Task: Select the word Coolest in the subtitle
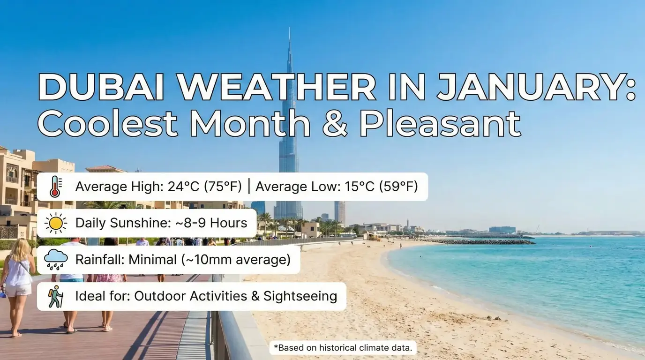(107, 124)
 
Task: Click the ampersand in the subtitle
(334, 124)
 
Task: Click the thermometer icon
(55, 187)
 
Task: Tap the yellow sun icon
(56, 223)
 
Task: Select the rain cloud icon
(56, 259)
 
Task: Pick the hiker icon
(56, 296)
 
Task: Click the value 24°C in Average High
(179, 187)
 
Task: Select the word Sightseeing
(300, 296)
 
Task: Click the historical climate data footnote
(343, 348)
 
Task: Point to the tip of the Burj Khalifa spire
(289, 29)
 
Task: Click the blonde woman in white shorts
(18, 281)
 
